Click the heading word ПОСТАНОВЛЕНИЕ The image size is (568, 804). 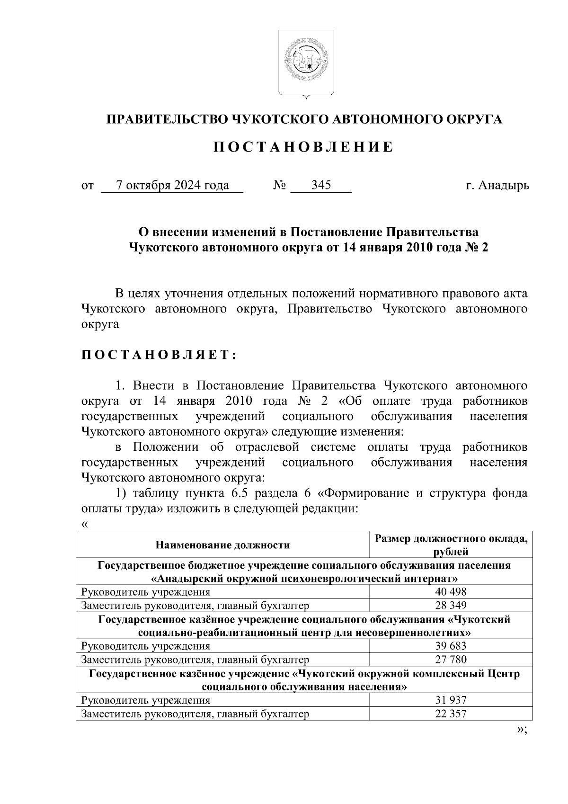(x=303, y=147)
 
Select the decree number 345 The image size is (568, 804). (x=320, y=185)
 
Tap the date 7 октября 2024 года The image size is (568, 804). (x=172, y=185)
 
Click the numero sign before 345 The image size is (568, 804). (x=279, y=185)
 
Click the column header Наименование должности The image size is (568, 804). (x=222, y=545)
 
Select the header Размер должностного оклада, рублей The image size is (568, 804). (x=451, y=545)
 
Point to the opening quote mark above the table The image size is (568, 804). (x=85, y=524)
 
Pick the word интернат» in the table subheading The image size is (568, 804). (x=432, y=579)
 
